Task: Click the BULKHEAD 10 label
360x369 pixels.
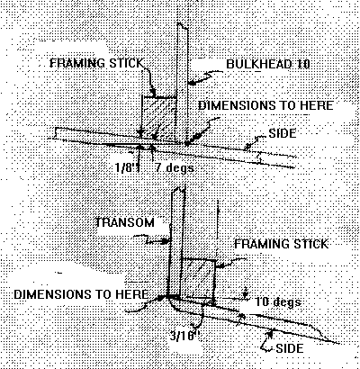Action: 268,64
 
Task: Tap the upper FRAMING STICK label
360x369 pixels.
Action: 96,63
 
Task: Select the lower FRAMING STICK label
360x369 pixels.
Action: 281,244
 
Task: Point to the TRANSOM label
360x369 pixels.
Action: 125,222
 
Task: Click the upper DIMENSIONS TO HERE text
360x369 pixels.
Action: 265,105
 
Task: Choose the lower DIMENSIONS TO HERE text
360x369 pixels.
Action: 81,294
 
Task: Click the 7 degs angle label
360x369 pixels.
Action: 175,167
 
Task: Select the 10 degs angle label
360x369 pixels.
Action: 278,301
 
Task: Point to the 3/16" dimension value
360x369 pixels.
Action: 184,335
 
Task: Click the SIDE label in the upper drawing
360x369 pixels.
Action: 283,133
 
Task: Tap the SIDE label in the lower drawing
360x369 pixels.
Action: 290,348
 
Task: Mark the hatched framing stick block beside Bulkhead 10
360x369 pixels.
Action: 159,119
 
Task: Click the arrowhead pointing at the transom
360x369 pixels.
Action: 165,241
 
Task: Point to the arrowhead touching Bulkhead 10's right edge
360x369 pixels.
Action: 192,83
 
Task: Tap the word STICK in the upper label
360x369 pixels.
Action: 127,63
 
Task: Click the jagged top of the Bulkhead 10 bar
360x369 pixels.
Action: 183,26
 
